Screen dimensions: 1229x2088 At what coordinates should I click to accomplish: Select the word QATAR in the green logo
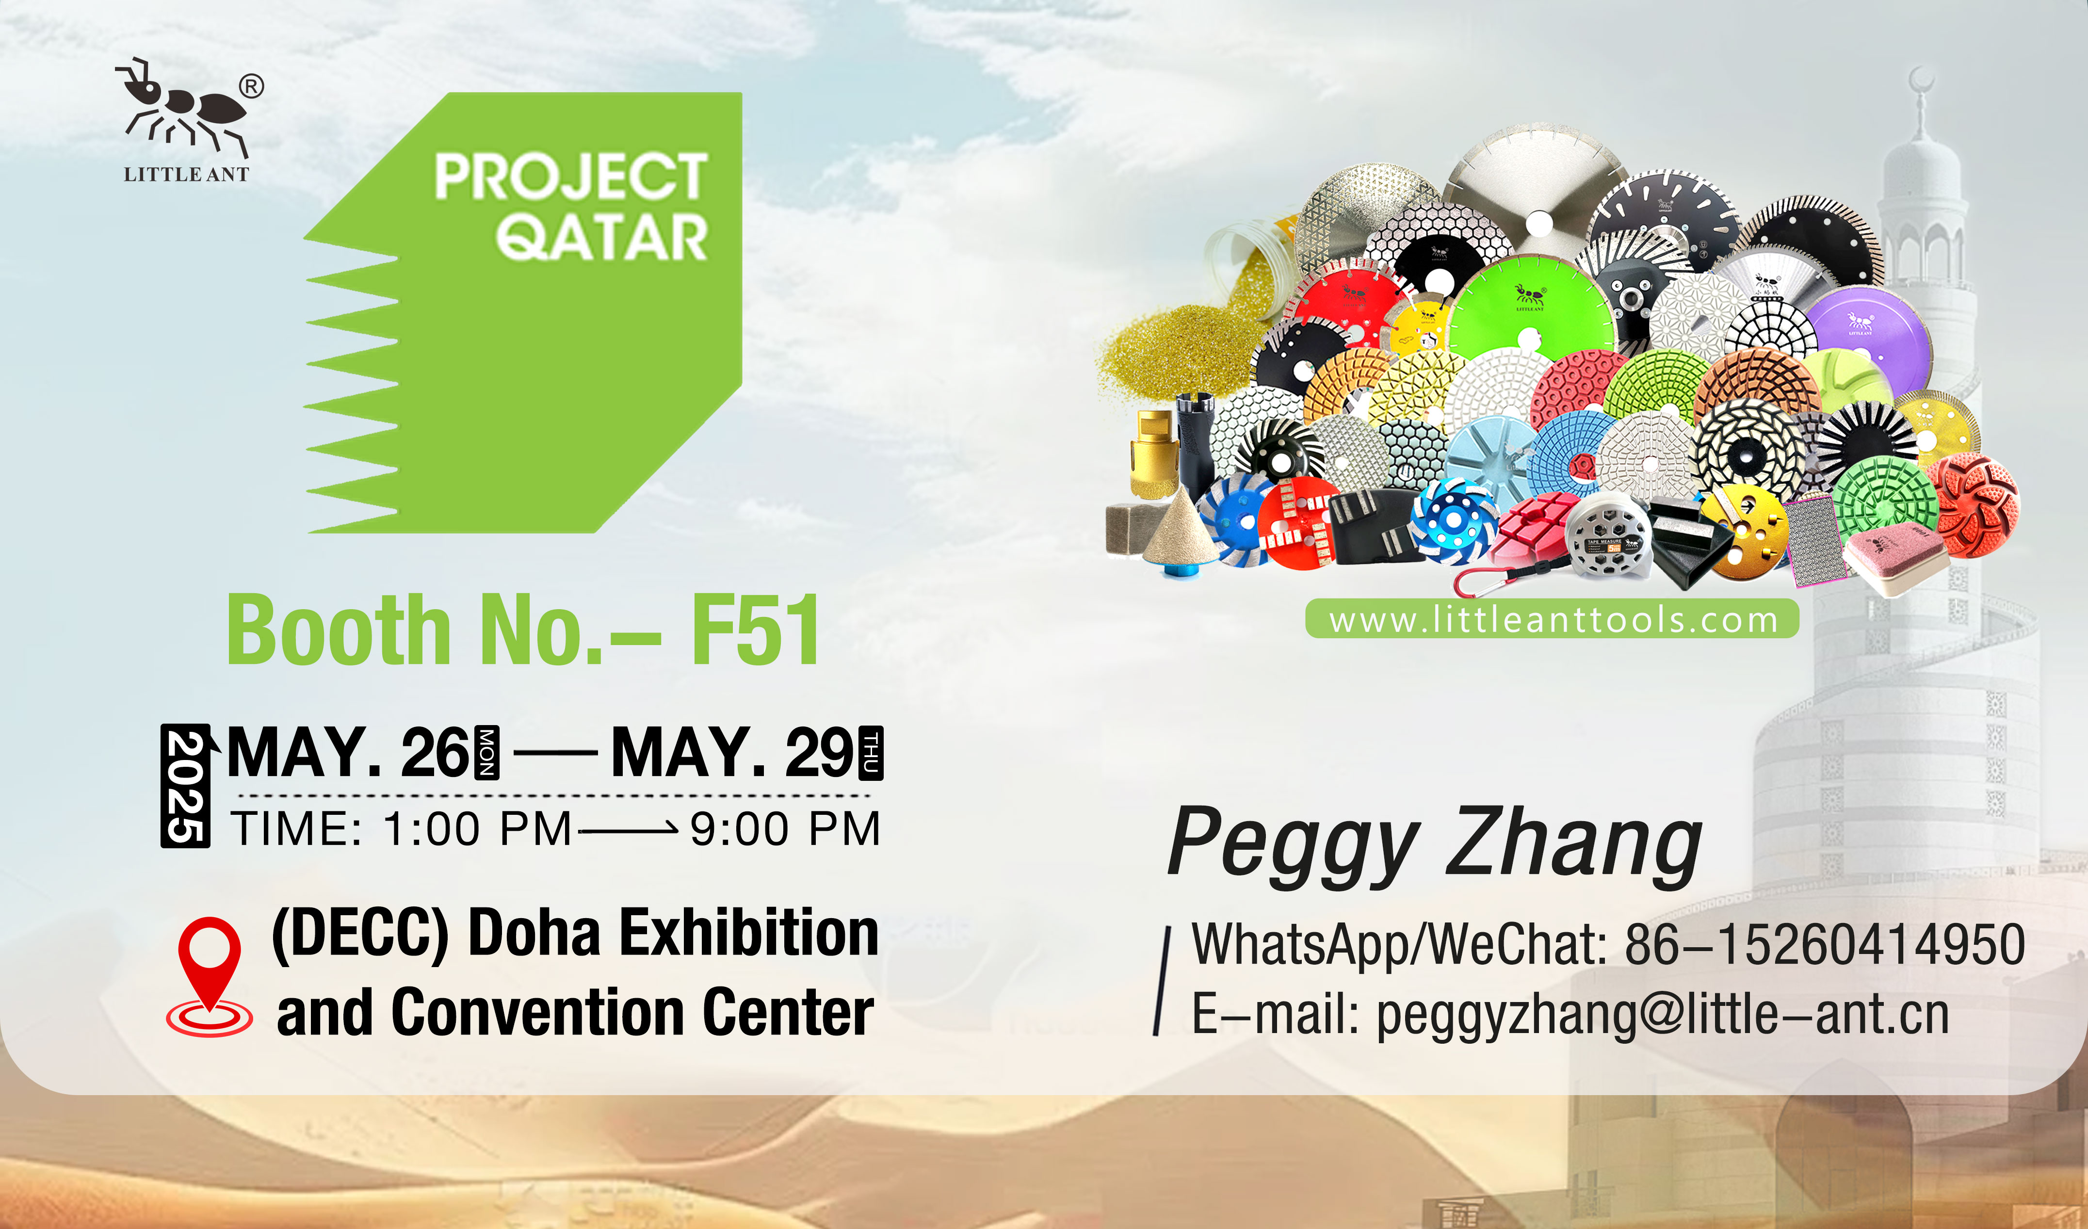[x=602, y=237]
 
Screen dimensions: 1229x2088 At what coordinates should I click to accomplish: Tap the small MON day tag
[x=486, y=752]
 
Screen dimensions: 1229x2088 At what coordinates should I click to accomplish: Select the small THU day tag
[x=871, y=752]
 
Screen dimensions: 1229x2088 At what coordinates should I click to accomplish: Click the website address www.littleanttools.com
[x=1553, y=620]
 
